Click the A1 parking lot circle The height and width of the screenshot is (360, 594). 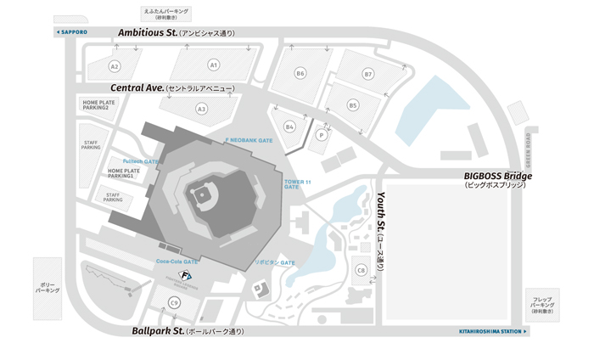click(x=214, y=65)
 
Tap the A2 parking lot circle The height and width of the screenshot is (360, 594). click(x=115, y=65)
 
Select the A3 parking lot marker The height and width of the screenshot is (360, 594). click(x=201, y=109)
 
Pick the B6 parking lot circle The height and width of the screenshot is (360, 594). click(x=300, y=74)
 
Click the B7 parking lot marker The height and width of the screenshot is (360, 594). click(x=368, y=75)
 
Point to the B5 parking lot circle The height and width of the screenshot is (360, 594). click(x=353, y=105)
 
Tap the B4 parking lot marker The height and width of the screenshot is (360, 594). click(x=289, y=127)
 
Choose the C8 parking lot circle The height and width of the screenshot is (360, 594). click(x=361, y=270)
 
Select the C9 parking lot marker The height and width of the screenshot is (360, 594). click(x=174, y=302)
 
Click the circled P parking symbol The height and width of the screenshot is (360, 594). click(x=322, y=135)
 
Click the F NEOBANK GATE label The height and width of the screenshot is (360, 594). click(x=249, y=139)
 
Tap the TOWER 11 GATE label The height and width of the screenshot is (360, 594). click(x=292, y=184)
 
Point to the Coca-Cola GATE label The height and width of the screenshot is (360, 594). click(x=177, y=262)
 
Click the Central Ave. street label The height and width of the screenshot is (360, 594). click(x=137, y=87)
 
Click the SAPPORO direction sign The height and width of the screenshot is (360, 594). click(x=71, y=31)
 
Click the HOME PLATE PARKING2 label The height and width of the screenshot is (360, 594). click(x=99, y=105)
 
